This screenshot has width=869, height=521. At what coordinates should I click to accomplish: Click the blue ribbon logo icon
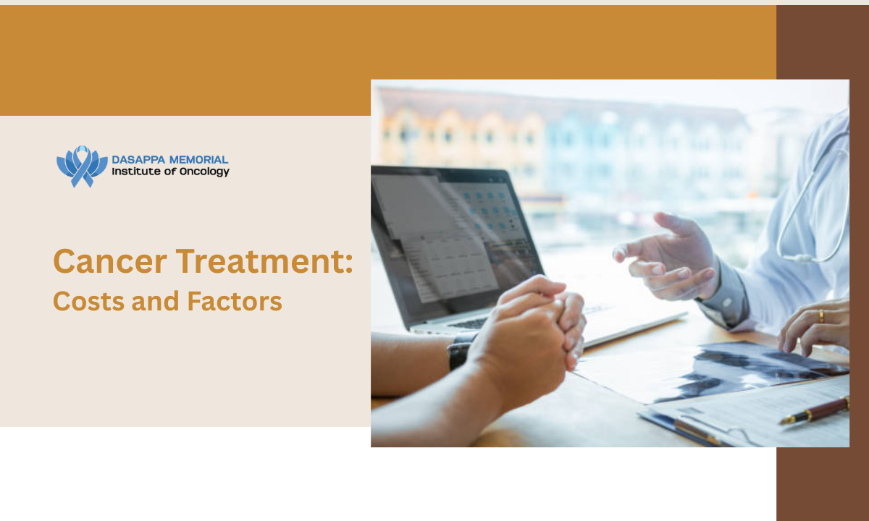point(82,166)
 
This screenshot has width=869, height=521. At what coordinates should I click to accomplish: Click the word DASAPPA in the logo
point(138,160)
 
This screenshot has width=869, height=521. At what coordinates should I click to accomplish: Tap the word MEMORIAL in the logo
point(199,160)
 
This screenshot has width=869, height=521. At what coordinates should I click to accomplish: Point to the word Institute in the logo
point(136,171)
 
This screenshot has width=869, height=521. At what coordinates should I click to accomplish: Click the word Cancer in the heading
point(110,262)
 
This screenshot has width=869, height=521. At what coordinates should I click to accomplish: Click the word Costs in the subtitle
point(89,302)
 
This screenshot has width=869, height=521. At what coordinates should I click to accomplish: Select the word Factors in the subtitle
point(235,302)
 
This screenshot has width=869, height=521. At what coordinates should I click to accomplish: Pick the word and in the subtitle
point(156,302)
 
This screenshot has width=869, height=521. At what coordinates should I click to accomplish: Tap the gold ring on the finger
point(821,316)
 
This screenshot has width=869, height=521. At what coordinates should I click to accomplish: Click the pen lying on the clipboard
point(815,411)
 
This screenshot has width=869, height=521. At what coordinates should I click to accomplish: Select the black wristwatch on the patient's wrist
point(461,351)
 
